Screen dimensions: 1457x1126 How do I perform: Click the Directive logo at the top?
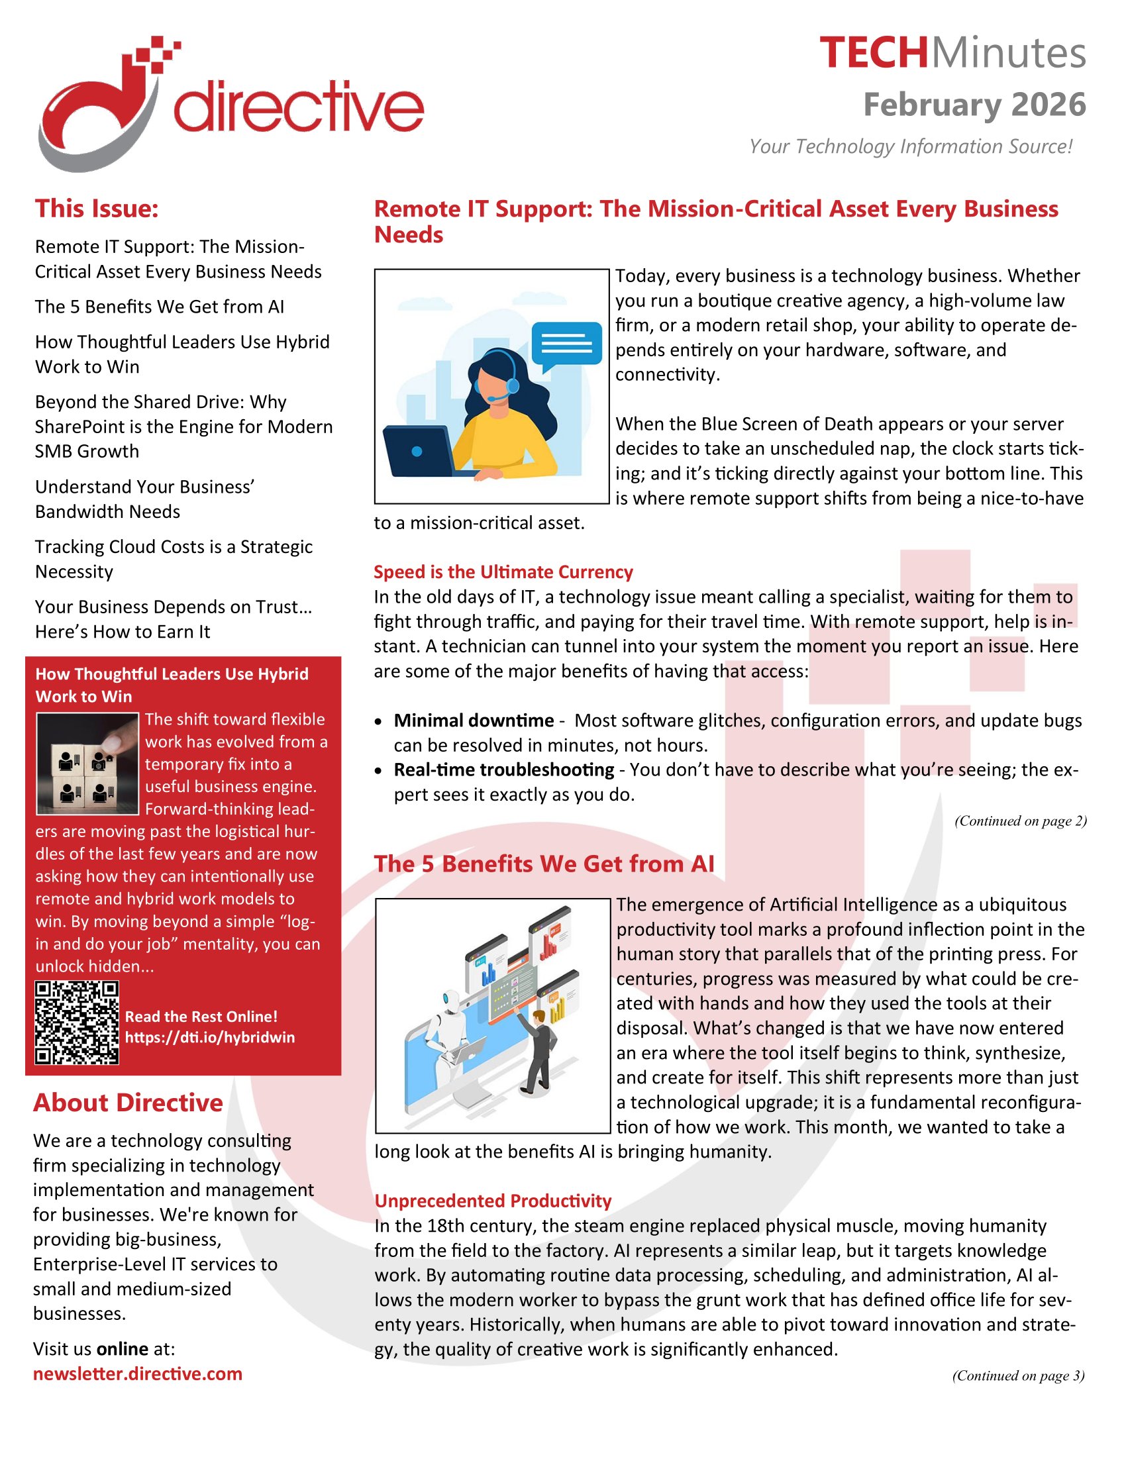pyautogui.click(x=230, y=103)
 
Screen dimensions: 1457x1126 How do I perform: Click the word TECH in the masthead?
pyautogui.click(x=873, y=54)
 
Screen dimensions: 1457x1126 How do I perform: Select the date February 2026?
pyautogui.click(x=974, y=105)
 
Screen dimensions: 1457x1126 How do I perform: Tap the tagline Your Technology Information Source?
pyautogui.click(x=910, y=146)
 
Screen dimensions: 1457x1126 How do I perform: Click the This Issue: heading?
pyautogui.click(x=97, y=209)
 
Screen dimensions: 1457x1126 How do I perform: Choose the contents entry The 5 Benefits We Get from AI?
pyautogui.click(x=160, y=306)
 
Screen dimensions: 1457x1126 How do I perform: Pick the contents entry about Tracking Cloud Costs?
pyautogui.click(x=174, y=558)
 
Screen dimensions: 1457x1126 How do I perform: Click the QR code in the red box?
pyautogui.click(x=77, y=1022)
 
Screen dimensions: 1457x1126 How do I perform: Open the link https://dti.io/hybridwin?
pyautogui.click(x=209, y=1037)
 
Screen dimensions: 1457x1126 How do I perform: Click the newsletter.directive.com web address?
pyautogui.click(x=137, y=1374)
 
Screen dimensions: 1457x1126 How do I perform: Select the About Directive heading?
pyautogui.click(x=128, y=1103)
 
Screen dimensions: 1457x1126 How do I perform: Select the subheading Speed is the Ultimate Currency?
pyautogui.click(x=503, y=572)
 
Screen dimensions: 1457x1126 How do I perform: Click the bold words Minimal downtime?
pyautogui.click(x=474, y=721)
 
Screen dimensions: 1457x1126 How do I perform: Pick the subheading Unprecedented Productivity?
pyautogui.click(x=493, y=1201)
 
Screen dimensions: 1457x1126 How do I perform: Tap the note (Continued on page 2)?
pyautogui.click(x=1020, y=821)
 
